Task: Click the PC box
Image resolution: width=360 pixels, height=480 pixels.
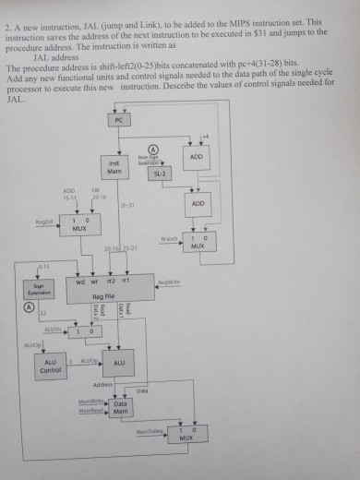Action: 118,121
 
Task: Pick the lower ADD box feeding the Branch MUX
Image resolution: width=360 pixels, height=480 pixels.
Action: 198,203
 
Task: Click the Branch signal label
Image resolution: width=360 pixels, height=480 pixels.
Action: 168,238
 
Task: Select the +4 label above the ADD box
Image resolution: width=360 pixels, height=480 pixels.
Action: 205,137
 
